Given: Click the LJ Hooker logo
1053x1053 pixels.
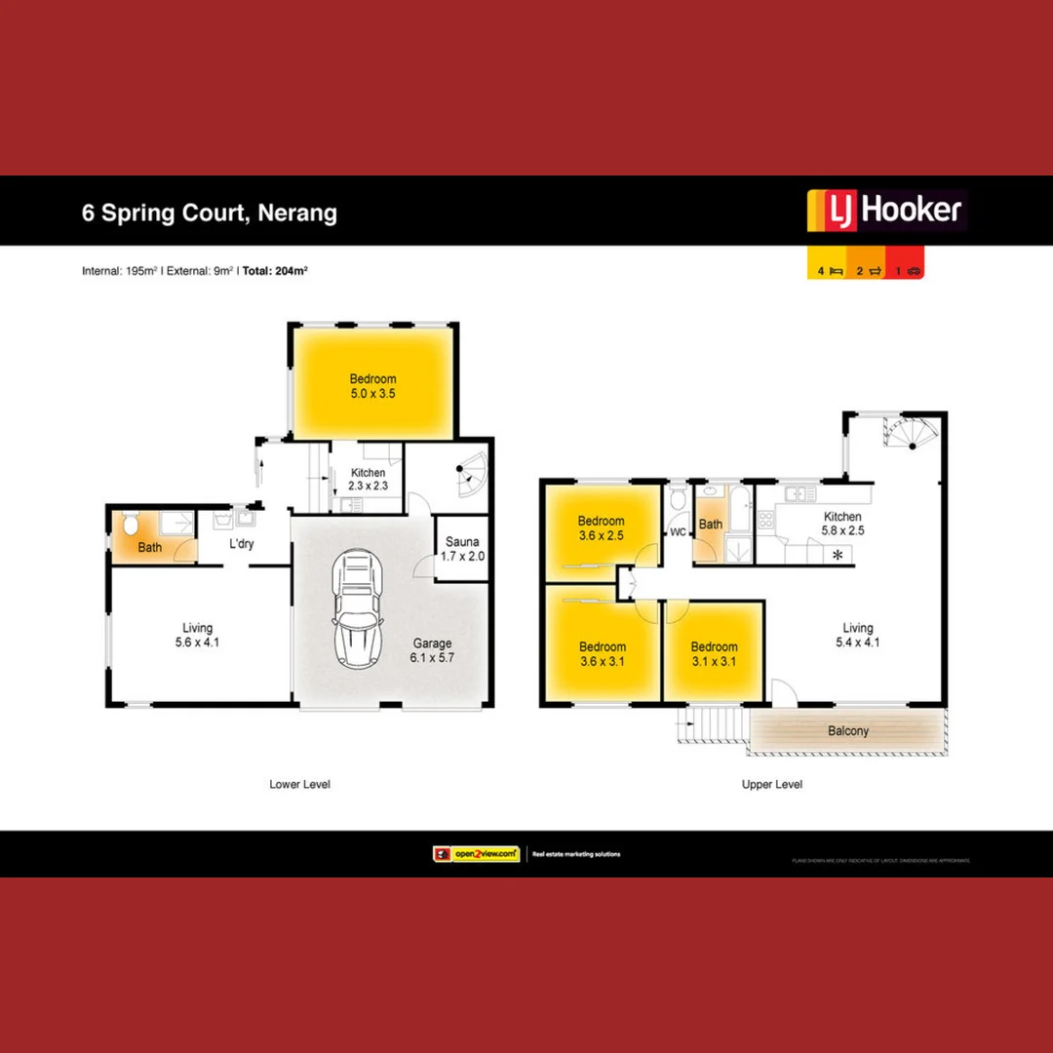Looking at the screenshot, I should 885,211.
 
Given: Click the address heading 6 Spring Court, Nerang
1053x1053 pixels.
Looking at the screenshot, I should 210,213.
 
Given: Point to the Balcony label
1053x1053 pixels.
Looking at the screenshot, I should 848,730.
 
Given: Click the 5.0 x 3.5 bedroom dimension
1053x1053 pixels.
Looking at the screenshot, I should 372,394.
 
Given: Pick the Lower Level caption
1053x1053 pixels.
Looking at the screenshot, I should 299,784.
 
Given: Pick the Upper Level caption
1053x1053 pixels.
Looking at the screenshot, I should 772,784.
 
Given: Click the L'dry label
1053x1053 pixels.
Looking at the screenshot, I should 242,543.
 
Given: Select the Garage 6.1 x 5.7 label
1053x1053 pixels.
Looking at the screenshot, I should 432,650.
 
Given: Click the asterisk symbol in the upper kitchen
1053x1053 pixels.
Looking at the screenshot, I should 837,556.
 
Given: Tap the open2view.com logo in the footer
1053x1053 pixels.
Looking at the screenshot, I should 476,854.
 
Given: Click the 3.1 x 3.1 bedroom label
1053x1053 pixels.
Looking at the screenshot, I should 714,654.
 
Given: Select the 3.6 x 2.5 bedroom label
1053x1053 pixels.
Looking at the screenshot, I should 601,528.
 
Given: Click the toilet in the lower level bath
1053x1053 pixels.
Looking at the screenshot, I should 132,525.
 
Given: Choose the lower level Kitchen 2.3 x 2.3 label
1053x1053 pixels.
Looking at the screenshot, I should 369,480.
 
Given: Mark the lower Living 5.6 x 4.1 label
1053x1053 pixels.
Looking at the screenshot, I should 197,636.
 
